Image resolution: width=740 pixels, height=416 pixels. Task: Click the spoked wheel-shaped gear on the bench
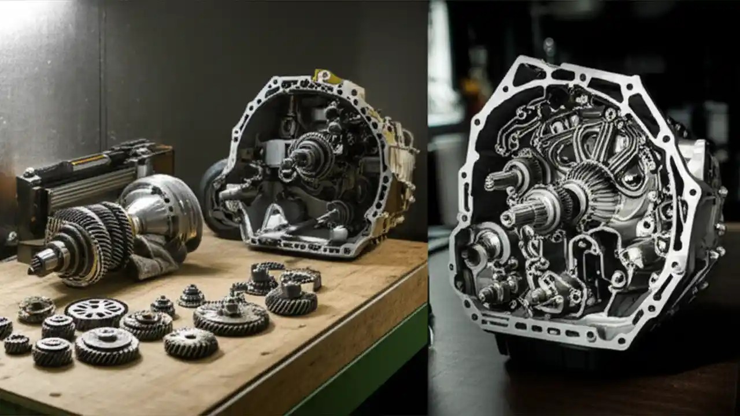(x=95, y=313)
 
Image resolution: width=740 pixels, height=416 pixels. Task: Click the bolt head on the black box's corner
(x=27, y=173)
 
